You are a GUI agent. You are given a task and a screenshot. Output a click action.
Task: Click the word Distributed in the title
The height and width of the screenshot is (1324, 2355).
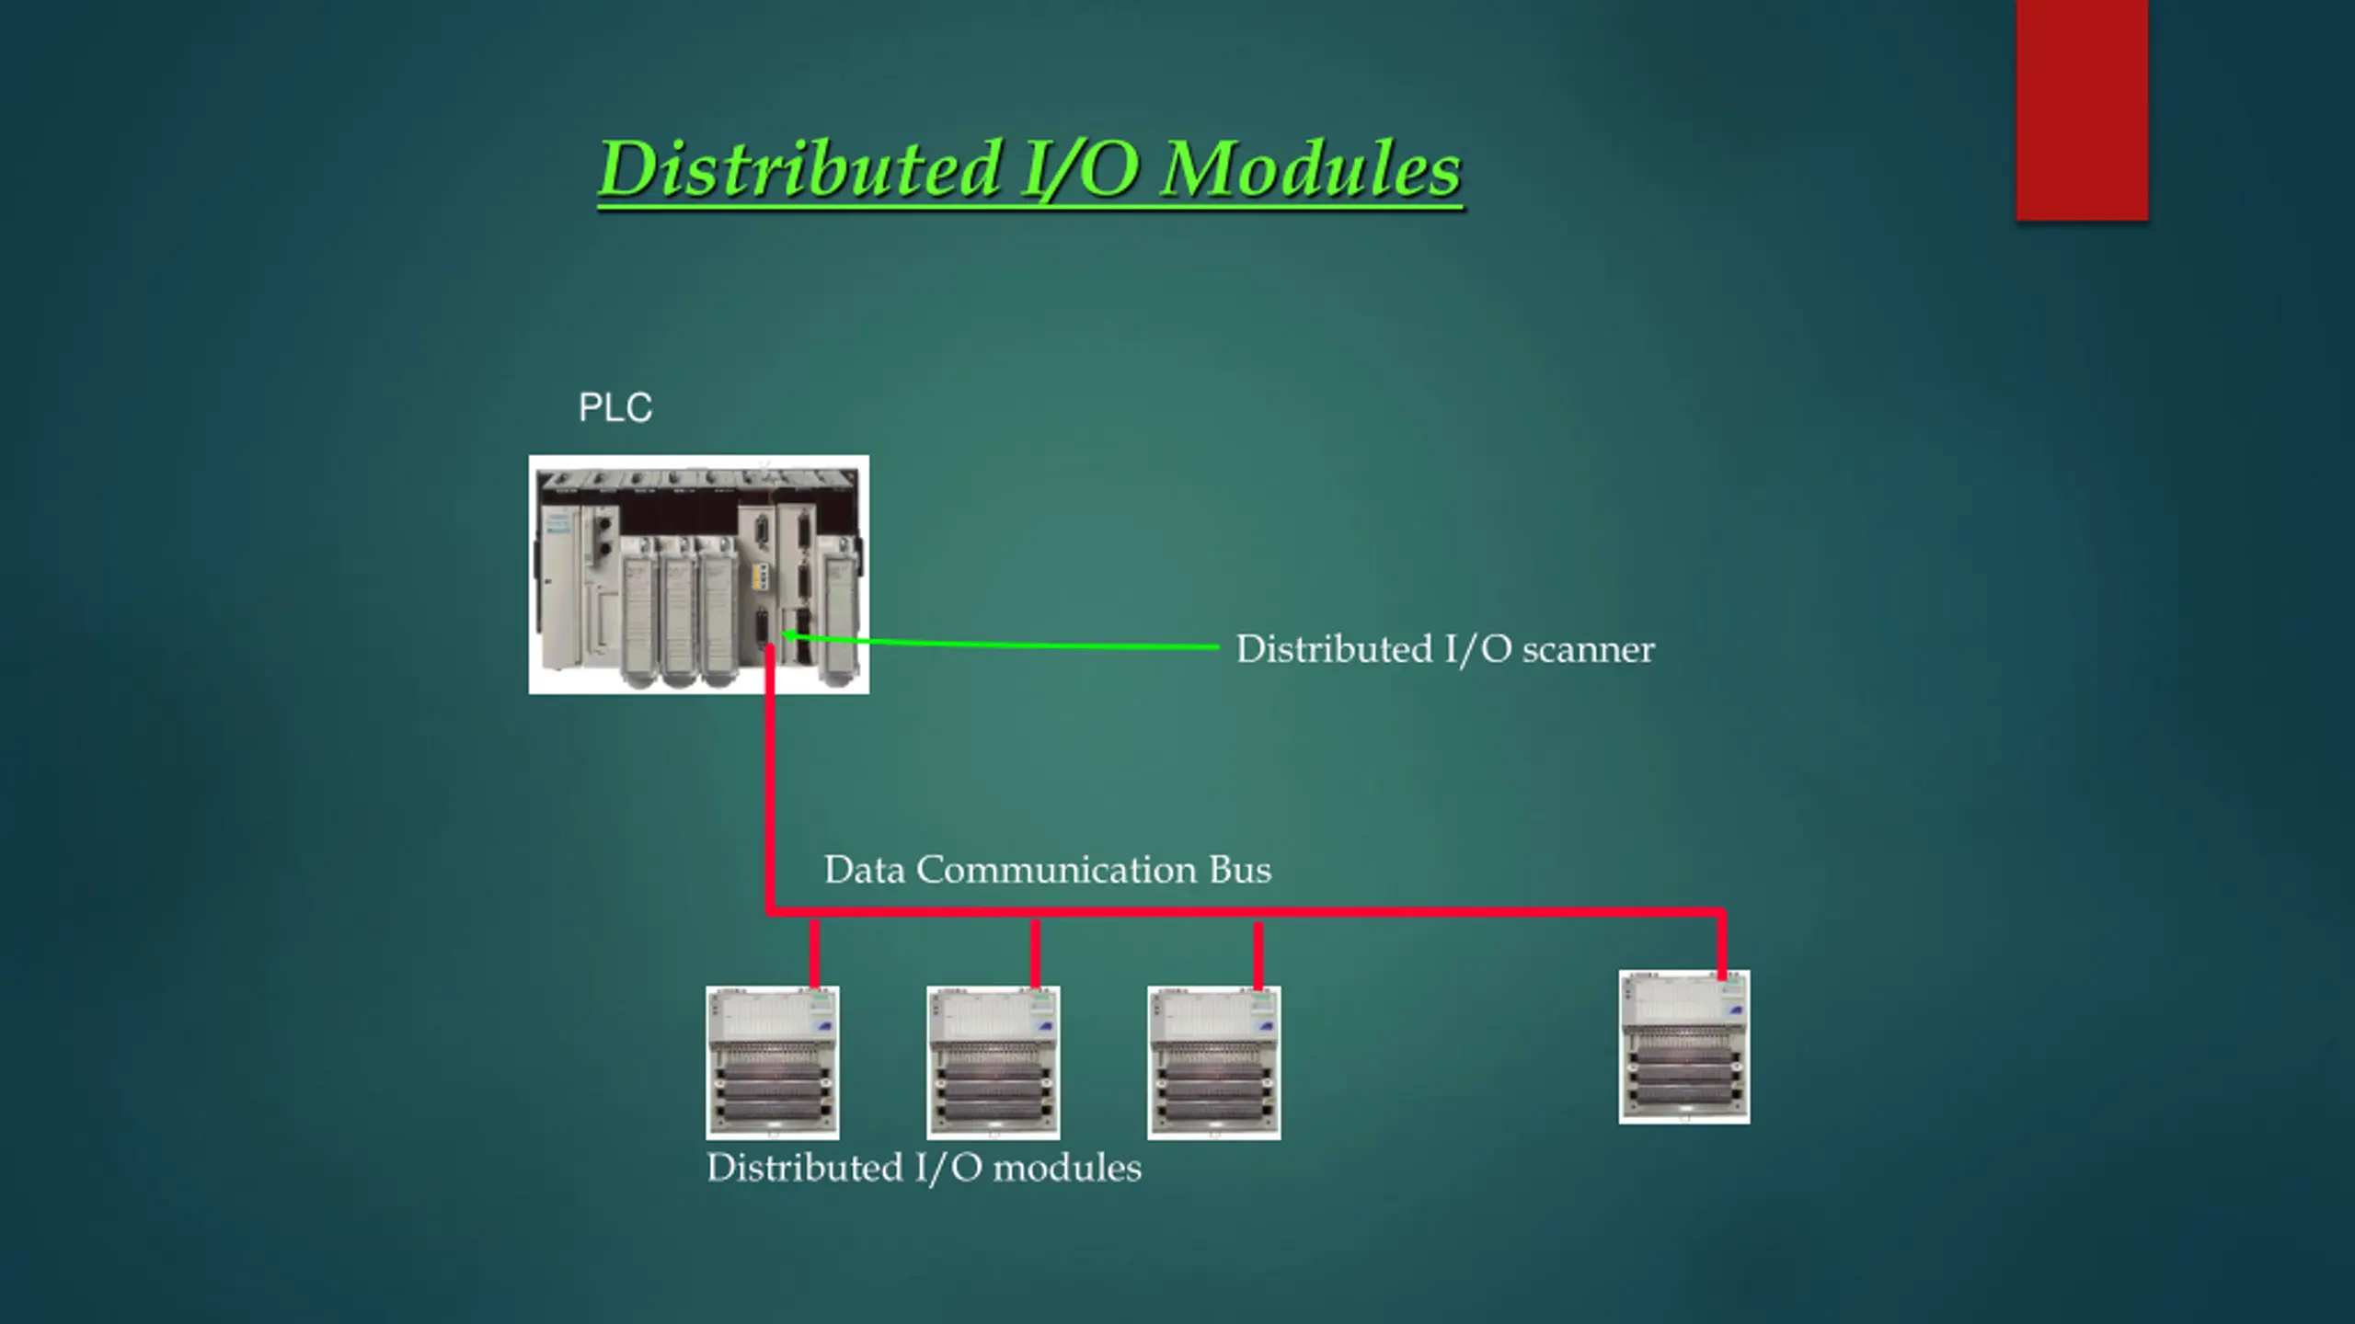tap(798, 169)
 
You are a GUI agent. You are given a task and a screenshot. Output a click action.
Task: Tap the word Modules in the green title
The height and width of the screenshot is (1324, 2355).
tap(1310, 169)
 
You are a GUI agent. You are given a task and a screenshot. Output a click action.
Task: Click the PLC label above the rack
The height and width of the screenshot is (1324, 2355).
tap(615, 407)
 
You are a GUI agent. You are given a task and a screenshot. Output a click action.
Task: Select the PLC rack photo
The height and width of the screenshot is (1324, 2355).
tap(698, 575)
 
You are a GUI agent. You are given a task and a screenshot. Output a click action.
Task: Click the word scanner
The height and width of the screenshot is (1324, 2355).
tap(1588, 649)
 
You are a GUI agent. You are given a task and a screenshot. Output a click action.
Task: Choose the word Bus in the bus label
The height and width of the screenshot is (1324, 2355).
tap(1240, 870)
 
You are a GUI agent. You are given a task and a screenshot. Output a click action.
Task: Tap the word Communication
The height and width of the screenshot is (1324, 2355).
tap(1056, 870)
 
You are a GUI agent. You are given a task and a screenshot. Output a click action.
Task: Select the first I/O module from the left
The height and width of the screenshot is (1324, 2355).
tap(772, 1063)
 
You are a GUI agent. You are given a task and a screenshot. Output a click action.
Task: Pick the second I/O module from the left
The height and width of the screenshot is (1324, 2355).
tap(993, 1063)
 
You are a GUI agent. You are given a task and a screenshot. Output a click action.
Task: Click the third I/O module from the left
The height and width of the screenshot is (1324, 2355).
tap(1213, 1063)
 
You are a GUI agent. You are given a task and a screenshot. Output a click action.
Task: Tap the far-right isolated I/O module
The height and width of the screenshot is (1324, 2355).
tap(1684, 1047)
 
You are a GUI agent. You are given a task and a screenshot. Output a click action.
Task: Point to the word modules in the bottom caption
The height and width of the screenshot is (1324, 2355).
tap(1067, 1169)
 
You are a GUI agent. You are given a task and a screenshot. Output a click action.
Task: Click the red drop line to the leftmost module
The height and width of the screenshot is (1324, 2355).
tap(814, 953)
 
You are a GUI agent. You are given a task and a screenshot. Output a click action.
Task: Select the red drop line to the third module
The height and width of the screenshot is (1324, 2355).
tap(1258, 953)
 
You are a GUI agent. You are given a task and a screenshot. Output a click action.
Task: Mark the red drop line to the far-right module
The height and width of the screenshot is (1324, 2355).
tap(1721, 943)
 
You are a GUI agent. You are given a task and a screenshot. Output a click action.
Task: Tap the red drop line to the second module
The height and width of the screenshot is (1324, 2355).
tap(1035, 953)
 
